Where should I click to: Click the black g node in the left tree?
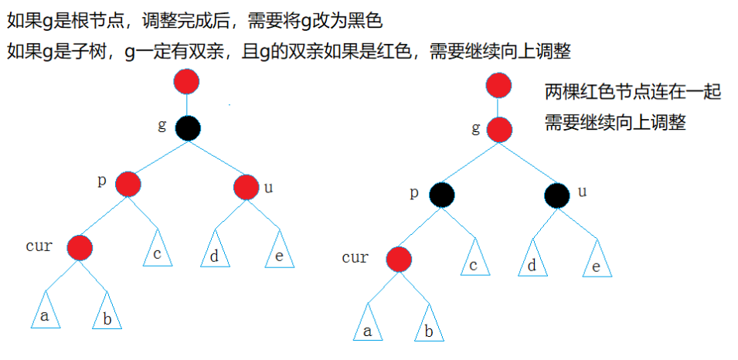[x=187, y=127]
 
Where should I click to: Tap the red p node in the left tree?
[x=128, y=184]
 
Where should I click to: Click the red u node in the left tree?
[x=245, y=186]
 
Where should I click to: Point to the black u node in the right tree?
[x=556, y=195]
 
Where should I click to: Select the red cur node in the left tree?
[x=80, y=248]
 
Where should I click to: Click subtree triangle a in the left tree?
[x=45, y=313]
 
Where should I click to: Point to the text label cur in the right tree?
[x=355, y=257]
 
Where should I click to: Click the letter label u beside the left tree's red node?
[x=268, y=187]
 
